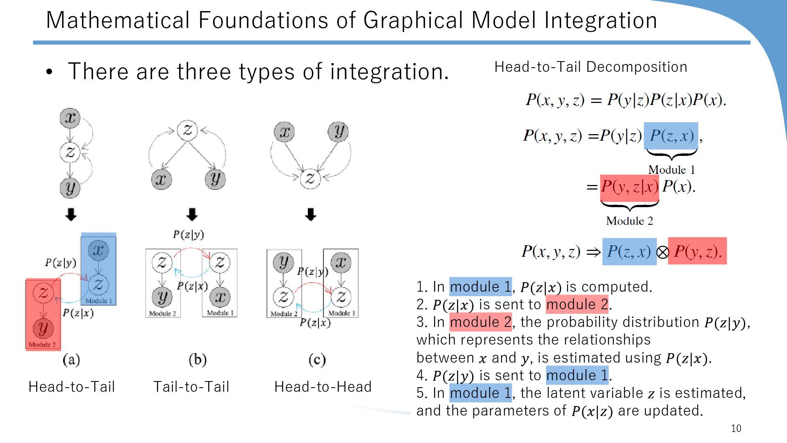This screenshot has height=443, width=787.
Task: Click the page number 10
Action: (736, 429)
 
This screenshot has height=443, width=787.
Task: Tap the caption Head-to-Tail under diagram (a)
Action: (72, 387)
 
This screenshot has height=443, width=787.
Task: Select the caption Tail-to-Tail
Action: (191, 387)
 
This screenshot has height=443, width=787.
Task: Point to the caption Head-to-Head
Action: (323, 387)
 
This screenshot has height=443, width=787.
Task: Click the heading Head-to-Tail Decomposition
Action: (591, 67)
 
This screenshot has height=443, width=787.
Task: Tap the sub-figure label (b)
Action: (198, 360)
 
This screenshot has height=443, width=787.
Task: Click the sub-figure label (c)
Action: (317, 360)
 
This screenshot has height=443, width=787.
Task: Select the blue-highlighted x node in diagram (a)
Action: (98, 250)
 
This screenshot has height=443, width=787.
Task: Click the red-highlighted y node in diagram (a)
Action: (43, 328)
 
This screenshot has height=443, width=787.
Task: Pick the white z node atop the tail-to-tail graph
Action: (187, 130)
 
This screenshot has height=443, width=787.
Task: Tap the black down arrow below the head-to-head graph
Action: (311, 214)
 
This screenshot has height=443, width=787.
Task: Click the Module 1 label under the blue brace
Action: (671, 170)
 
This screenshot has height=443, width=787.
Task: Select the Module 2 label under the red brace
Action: (629, 221)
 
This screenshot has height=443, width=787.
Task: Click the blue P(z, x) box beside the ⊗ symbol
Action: (629, 251)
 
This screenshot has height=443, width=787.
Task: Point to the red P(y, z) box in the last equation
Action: (697, 251)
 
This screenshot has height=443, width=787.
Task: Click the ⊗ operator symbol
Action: (662, 252)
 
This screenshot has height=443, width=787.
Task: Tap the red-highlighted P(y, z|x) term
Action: (629, 187)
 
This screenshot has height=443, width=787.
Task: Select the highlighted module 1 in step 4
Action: (577, 375)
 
